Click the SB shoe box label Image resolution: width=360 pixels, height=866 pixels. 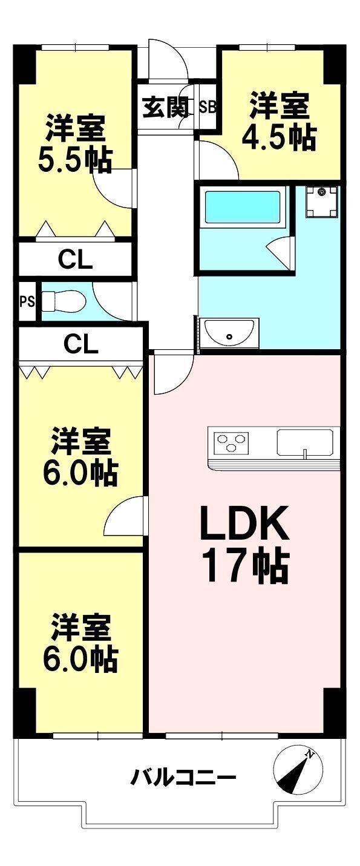point(208,107)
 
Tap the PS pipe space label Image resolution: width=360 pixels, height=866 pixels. point(27,301)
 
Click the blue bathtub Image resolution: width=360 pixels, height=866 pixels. point(243,207)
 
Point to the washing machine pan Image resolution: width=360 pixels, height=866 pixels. point(322,202)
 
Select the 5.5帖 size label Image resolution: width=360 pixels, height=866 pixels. point(75,160)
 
